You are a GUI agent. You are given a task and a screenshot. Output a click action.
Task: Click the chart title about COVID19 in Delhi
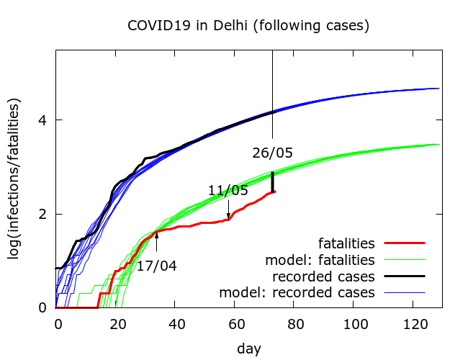[x=248, y=26]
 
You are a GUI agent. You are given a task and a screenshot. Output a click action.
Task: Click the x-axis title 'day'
[x=248, y=348]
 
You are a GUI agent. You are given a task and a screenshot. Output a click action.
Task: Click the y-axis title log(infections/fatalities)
[x=15, y=179]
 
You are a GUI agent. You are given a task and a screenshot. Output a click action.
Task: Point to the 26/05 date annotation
[x=273, y=153]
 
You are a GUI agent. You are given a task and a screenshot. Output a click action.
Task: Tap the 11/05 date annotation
[x=228, y=191]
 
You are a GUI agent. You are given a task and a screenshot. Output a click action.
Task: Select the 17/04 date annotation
[x=157, y=266]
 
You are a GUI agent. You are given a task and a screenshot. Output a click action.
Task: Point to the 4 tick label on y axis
[x=45, y=120]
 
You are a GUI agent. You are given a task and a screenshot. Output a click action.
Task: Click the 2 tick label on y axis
[x=45, y=214]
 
